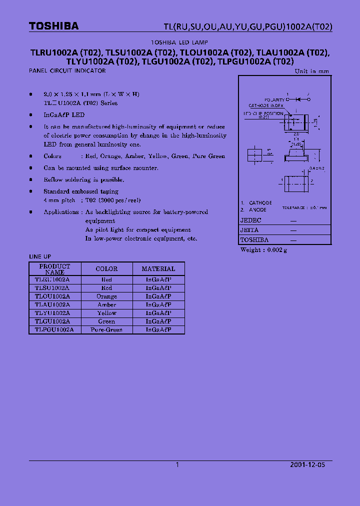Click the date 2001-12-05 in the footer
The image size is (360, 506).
point(307,464)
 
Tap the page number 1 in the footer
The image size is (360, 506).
point(177,464)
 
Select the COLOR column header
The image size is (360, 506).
point(106,269)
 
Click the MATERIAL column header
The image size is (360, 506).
point(158,269)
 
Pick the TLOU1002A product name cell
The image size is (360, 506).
point(52,296)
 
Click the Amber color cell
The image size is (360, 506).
point(106,305)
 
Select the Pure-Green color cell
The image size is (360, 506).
point(106,330)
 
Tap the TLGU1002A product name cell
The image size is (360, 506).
point(52,321)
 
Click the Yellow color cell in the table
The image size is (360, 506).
point(106,313)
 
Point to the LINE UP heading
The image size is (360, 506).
point(40,256)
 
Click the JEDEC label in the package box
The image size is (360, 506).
point(251,220)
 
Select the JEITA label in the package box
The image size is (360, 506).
point(249,230)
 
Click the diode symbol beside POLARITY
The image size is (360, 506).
point(298,99)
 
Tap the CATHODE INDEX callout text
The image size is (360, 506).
point(266,106)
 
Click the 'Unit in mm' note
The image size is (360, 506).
point(312,71)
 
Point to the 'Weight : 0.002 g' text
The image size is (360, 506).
point(263,249)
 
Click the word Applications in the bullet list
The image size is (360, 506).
point(60,212)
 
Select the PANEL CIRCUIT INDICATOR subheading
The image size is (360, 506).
point(67,71)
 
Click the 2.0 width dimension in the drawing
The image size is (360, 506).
point(296,134)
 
